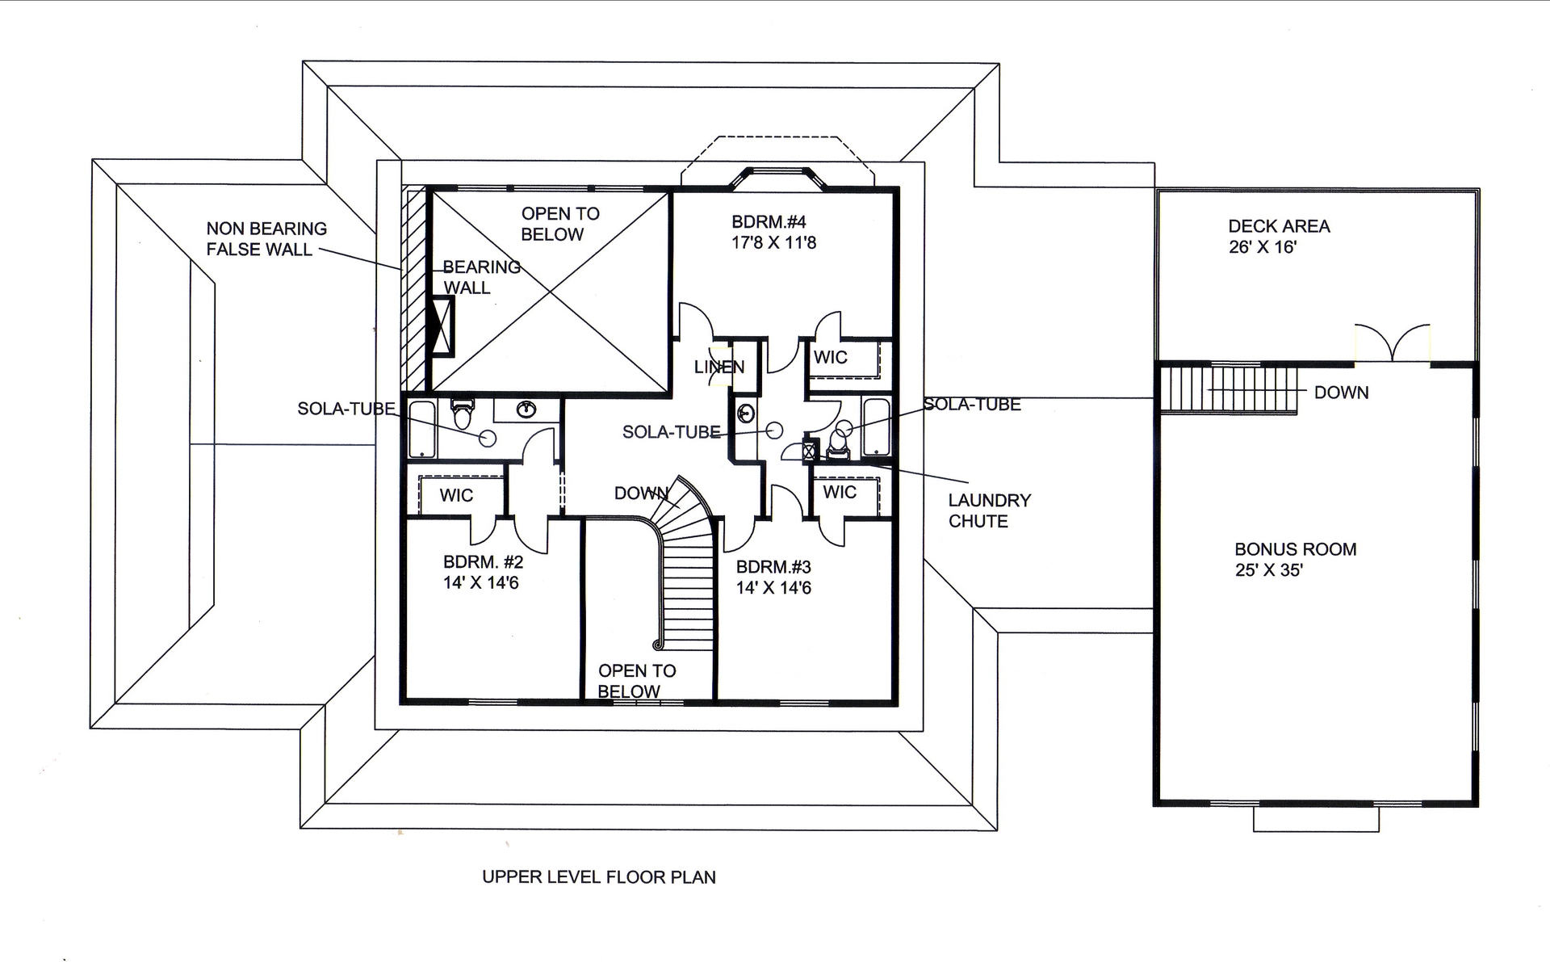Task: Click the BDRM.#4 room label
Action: pyautogui.click(x=769, y=222)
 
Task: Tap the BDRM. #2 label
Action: pyautogui.click(x=483, y=562)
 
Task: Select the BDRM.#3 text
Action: pyautogui.click(x=773, y=567)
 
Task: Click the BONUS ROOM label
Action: pyautogui.click(x=1295, y=549)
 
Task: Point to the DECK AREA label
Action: pyautogui.click(x=1279, y=227)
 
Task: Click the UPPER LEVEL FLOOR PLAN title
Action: pyautogui.click(x=598, y=877)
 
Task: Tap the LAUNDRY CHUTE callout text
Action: pyautogui.click(x=989, y=510)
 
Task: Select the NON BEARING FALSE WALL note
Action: pyautogui.click(x=266, y=239)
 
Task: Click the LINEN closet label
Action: pyautogui.click(x=719, y=368)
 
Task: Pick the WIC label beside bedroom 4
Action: pyautogui.click(x=830, y=358)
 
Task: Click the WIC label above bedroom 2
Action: pyautogui.click(x=456, y=495)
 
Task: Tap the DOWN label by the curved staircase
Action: pyautogui.click(x=641, y=494)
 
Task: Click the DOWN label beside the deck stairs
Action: pyautogui.click(x=1341, y=393)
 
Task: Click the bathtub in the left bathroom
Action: pyautogui.click(x=421, y=428)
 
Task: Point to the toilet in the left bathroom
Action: pyautogui.click(x=463, y=414)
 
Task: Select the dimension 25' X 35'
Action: pyautogui.click(x=1268, y=570)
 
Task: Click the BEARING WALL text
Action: pyautogui.click(x=480, y=277)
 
